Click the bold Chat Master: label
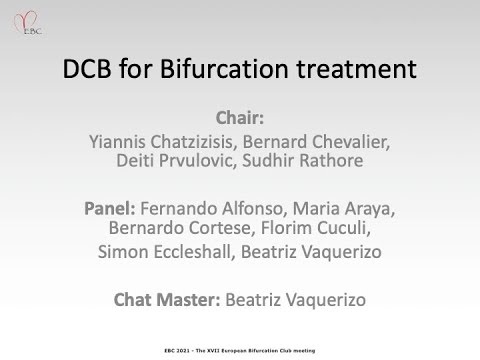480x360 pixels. [159, 298]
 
